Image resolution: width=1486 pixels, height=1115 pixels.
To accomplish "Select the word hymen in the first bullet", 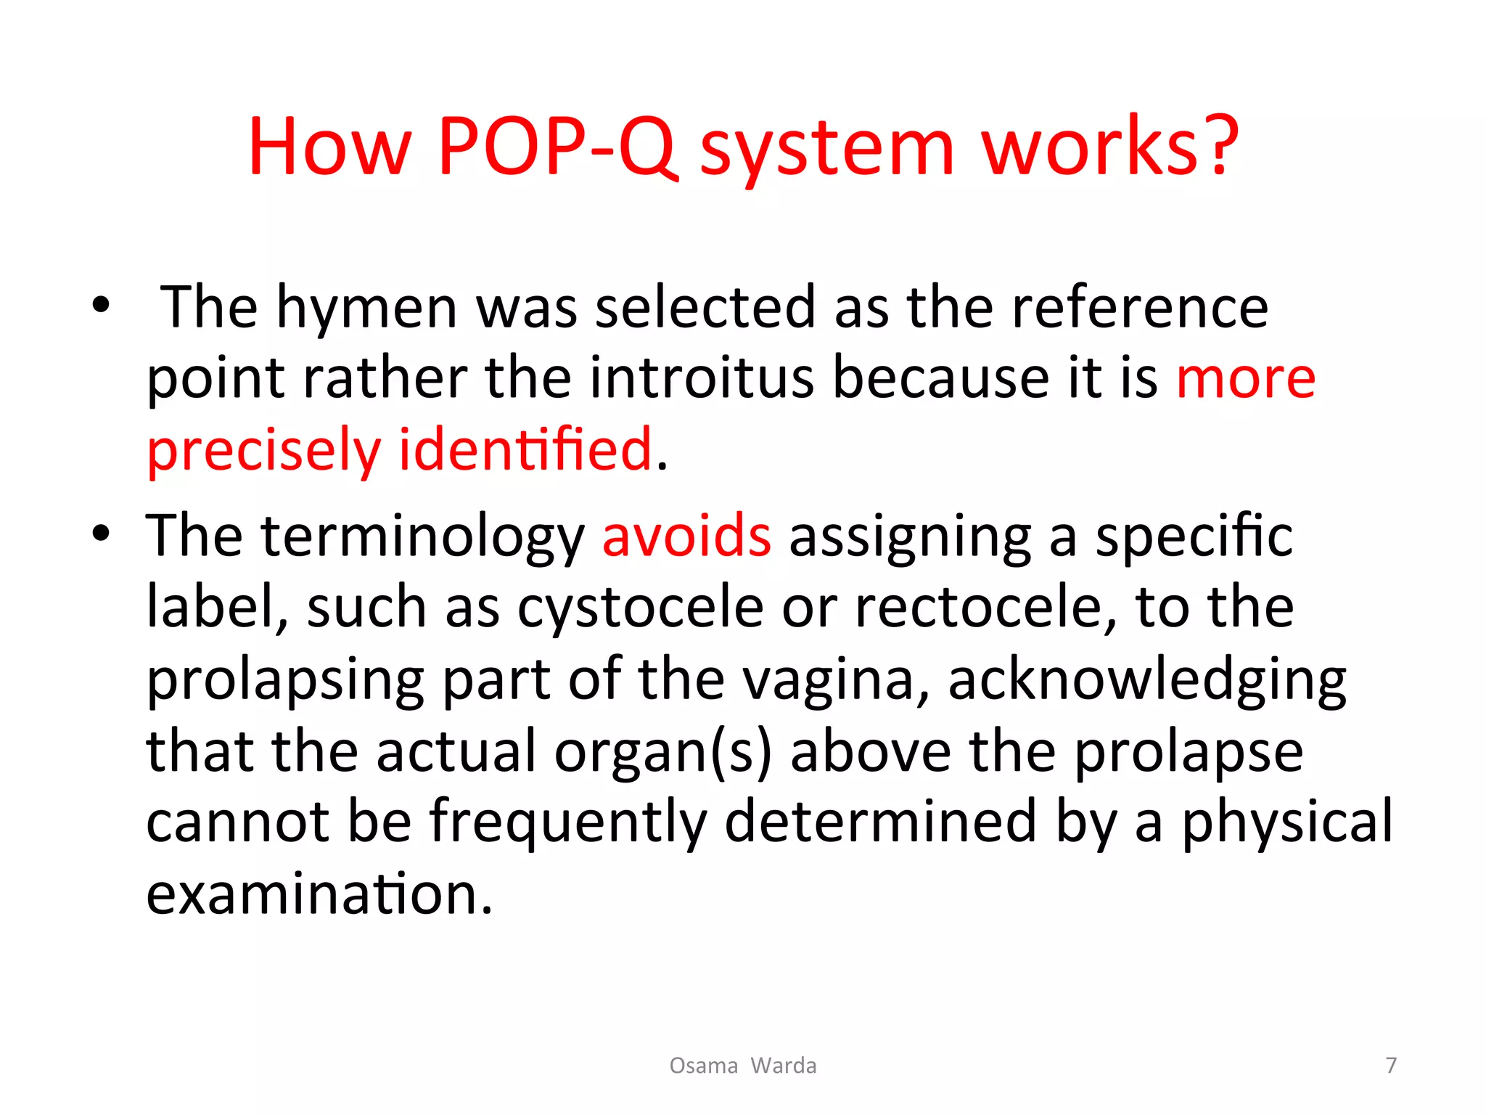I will tap(366, 308).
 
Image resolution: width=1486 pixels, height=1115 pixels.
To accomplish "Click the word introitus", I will tap(702, 378).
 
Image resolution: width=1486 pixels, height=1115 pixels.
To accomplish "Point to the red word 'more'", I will tap(1245, 378).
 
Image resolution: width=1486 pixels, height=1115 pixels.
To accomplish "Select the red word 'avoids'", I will tap(686, 536).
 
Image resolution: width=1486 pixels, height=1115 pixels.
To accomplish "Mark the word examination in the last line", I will tap(319, 894).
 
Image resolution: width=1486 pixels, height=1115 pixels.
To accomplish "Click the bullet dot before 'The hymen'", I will tap(101, 305).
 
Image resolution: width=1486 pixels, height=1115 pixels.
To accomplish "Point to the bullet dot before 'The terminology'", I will tap(101, 534).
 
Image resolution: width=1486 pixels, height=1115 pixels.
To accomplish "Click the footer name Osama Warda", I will tap(742, 1065).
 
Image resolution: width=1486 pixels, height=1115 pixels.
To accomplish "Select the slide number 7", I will tap(1391, 1065).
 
